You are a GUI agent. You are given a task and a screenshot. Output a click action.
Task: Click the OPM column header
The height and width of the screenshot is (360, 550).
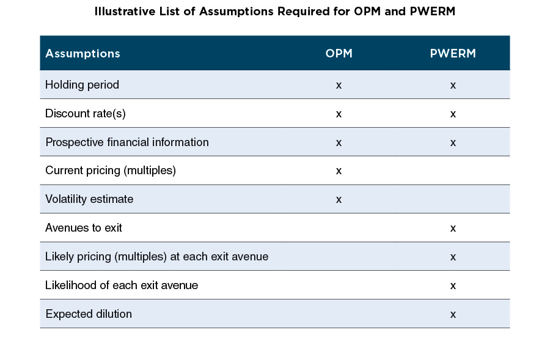pos(339,53)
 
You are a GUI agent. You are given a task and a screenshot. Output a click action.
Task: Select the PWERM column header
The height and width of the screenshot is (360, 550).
pos(452,53)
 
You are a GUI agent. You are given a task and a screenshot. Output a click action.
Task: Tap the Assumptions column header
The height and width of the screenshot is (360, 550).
pos(82,53)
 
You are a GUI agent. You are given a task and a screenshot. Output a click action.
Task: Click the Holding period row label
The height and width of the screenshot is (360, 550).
pos(82,85)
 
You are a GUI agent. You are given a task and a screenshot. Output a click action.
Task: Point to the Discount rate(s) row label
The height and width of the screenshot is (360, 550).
pos(86,114)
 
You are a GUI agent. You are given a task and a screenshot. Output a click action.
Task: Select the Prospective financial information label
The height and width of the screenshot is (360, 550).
pos(127,142)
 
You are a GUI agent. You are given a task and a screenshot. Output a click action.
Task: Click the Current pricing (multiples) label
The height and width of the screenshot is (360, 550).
pos(110,171)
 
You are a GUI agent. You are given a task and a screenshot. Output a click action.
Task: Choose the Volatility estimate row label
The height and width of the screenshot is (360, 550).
pos(89,199)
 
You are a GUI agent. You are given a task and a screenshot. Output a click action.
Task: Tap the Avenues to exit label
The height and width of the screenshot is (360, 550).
pos(84,228)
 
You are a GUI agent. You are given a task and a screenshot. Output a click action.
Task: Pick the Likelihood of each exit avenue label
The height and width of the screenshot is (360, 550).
pos(122,285)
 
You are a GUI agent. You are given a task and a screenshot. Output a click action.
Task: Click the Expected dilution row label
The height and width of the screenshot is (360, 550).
pos(89,314)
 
